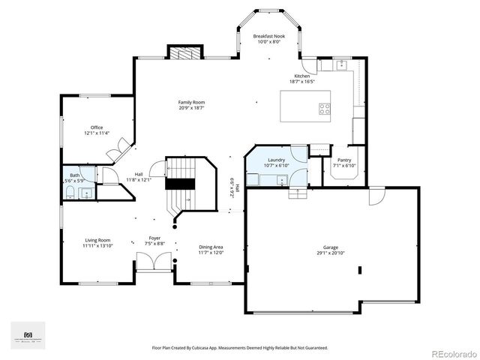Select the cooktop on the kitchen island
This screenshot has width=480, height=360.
tap(325, 108)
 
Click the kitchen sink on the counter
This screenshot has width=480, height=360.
tap(340, 65)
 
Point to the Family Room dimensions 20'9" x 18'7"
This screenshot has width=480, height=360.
tap(191, 108)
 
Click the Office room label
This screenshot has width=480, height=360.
tap(97, 127)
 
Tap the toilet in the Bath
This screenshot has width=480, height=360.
tap(69, 193)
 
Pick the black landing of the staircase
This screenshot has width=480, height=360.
tap(179, 184)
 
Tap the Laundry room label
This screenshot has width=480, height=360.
tap(276, 160)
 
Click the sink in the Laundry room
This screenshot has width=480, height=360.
tap(279, 179)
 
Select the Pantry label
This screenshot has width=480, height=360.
tap(344, 160)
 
